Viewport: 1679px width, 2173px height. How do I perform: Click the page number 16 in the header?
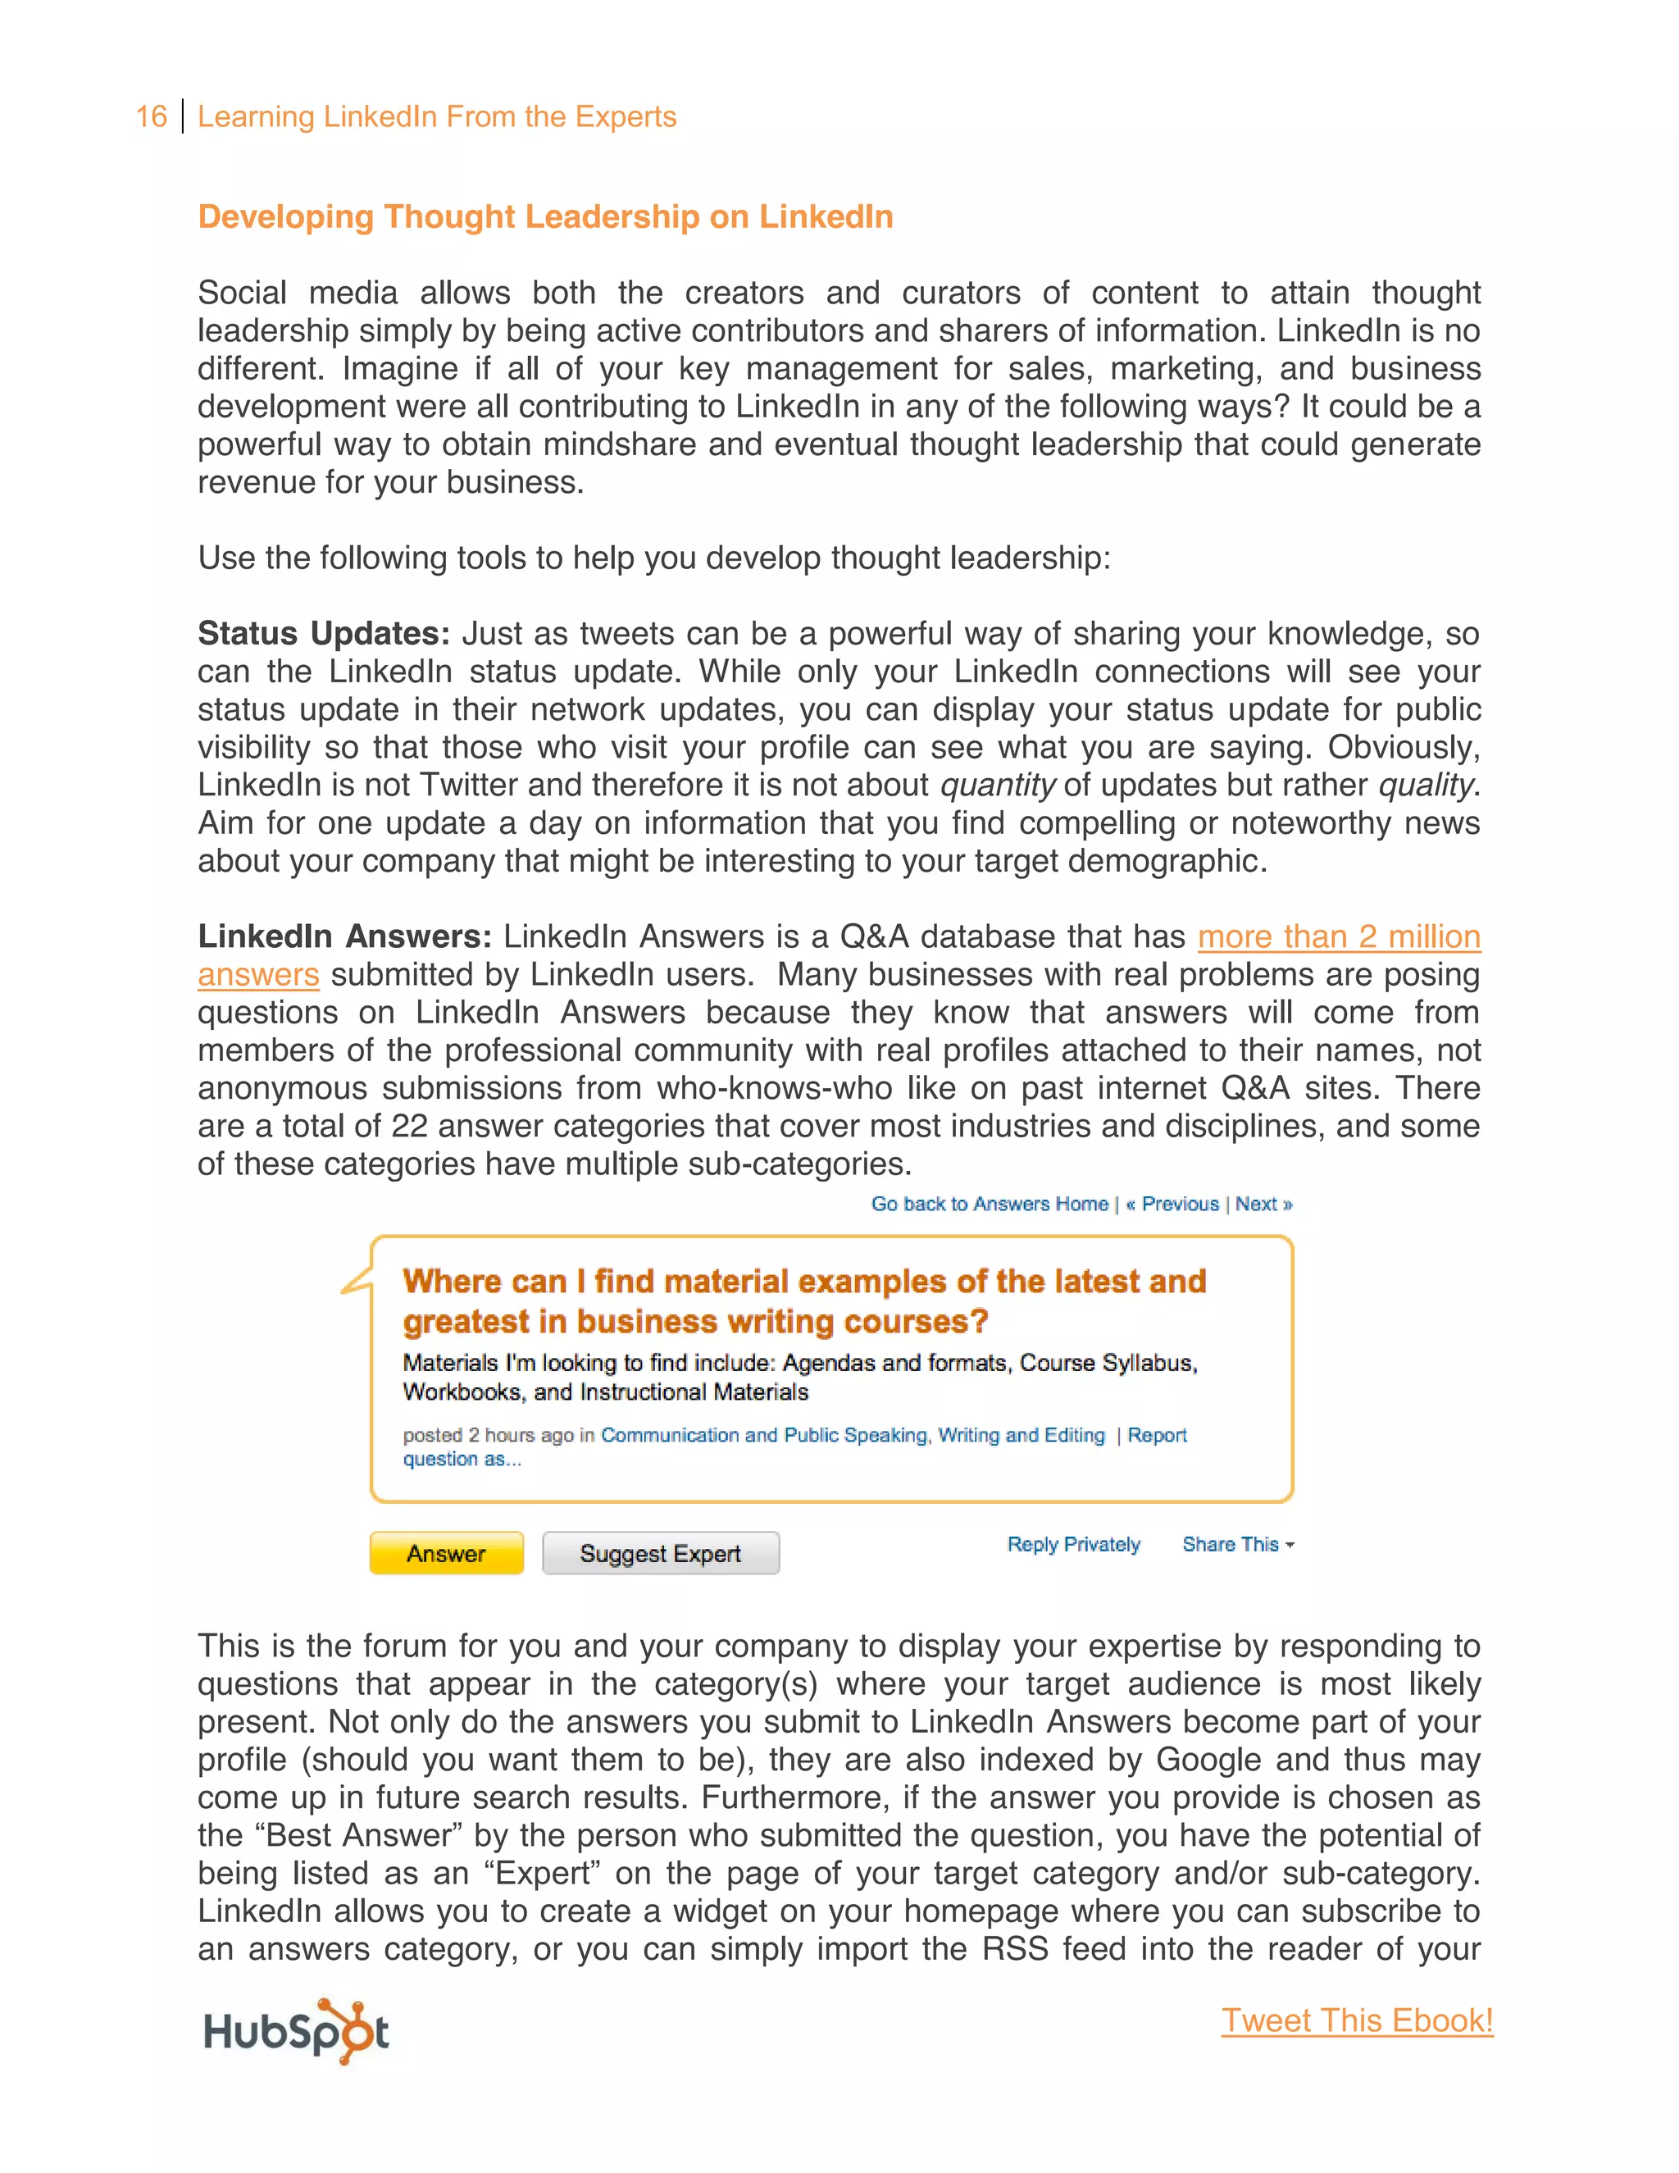pyautogui.click(x=151, y=116)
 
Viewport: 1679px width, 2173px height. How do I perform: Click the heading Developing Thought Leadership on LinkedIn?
pyautogui.click(x=545, y=217)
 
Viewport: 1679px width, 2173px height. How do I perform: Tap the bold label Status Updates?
pyautogui.click(x=323, y=634)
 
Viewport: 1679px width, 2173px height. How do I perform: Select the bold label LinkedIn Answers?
pyautogui.click(x=344, y=936)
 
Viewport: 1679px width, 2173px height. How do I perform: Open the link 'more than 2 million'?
pyautogui.click(x=1338, y=936)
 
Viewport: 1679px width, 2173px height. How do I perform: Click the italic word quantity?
pyautogui.click(x=997, y=785)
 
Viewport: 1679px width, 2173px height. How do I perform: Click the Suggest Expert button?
pyautogui.click(x=661, y=1553)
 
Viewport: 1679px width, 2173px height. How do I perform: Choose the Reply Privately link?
pyautogui.click(x=1073, y=1544)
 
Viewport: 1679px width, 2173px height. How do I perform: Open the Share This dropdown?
pyautogui.click(x=1237, y=1544)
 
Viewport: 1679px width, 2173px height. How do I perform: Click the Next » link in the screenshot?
pyautogui.click(x=1263, y=1204)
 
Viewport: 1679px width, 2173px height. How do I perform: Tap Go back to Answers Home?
pyautogui.click(x=990, y=1204)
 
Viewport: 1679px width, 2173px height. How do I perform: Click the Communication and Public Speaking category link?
pyautogui.click(x=763, y=1435)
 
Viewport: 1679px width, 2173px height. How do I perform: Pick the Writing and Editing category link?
pyautogui.click(x=1021, y=1435)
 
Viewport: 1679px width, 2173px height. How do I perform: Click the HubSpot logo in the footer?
pyautogui.click(x=295, y=2030)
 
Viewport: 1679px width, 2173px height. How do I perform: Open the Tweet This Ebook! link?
pyautogui.click(x=1357, y=2020)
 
